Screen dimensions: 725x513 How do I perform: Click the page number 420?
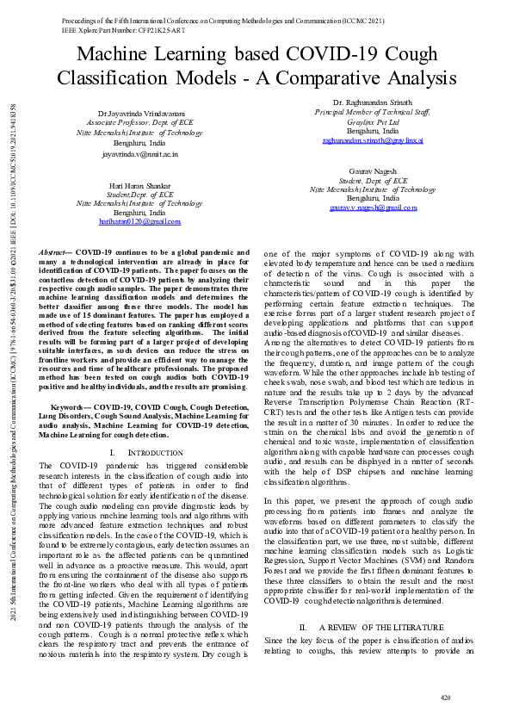[445, 697]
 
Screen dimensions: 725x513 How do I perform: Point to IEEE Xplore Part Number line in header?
[113, 28]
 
